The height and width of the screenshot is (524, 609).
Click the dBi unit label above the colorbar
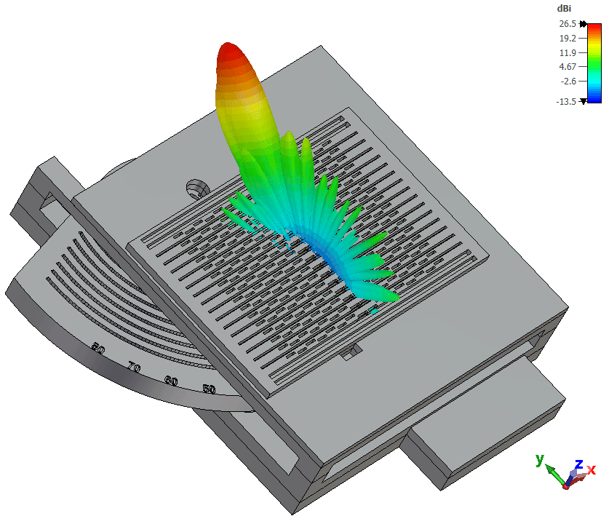(564, 9)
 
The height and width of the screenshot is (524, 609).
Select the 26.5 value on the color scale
(568, 24)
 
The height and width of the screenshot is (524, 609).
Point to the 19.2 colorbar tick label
(568, 39)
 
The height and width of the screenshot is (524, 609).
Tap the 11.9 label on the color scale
(568, 53)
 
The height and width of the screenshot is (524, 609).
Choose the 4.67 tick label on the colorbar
(568, 67)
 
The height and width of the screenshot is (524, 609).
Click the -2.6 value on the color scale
(568, 82)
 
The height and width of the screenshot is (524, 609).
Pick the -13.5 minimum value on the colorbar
(566, 102)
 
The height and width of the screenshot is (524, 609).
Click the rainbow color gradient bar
(594, 63)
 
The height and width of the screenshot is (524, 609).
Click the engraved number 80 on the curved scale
(98, 349)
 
